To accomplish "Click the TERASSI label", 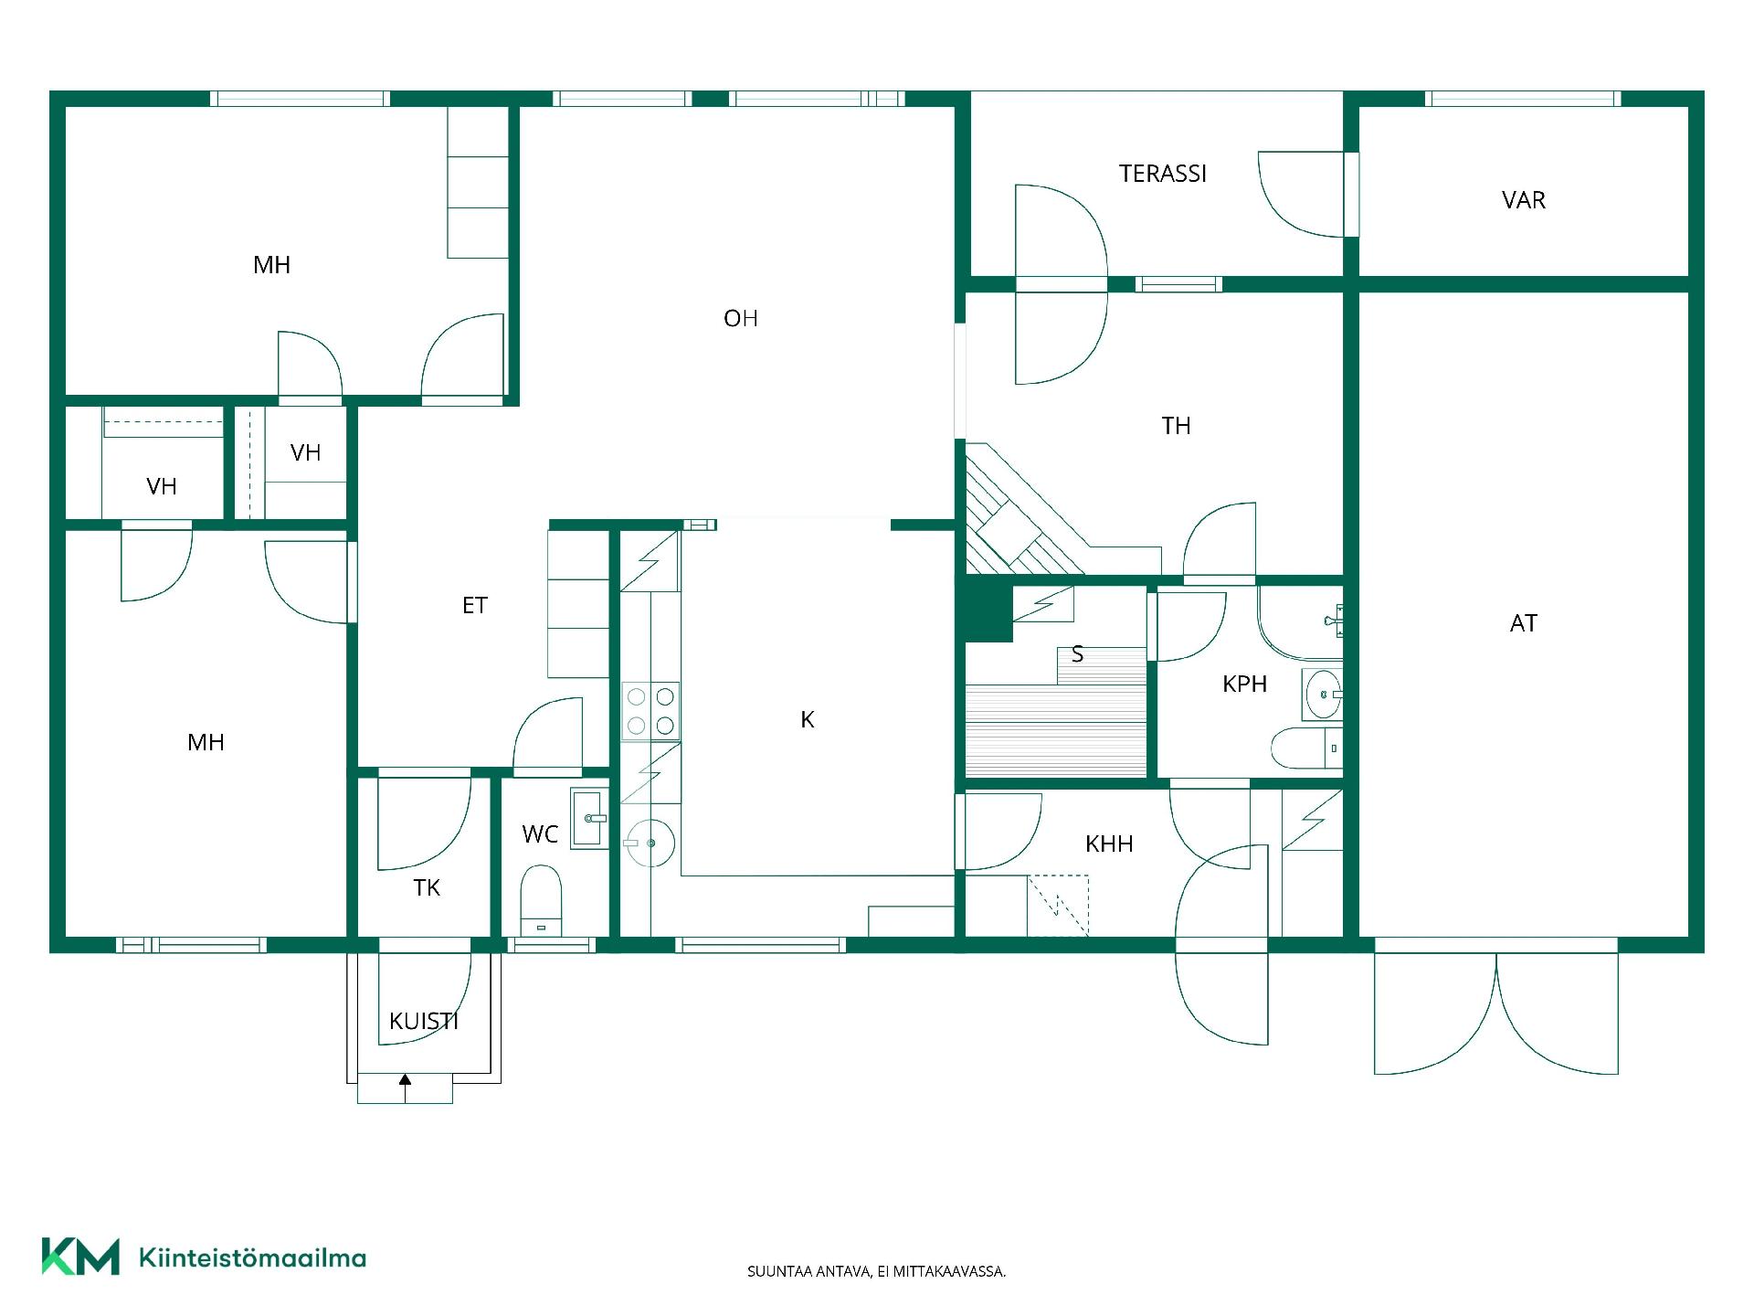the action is coord(1163,174).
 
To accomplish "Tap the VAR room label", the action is coord(1523,200).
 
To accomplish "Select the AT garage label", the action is coord(1523,623).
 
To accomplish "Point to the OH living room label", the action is coord(740,318).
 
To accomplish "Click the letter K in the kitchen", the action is coord(807,720).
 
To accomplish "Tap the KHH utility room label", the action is coord(1109,844).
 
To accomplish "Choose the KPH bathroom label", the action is coord(1244,684).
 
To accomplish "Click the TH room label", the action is coord(1176,426).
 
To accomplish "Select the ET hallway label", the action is coord(474,605).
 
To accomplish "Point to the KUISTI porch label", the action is coord(423,1021).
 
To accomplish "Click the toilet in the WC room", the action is coord(540,900).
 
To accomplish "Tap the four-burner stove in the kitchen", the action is coord(650,710).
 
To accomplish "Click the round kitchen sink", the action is coord(650,842).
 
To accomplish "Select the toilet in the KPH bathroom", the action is coord(1306,748).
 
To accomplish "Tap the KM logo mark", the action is coord(80,1257).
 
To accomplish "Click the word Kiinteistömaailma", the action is coord(252,1258).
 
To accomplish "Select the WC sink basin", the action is coord(588,818).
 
